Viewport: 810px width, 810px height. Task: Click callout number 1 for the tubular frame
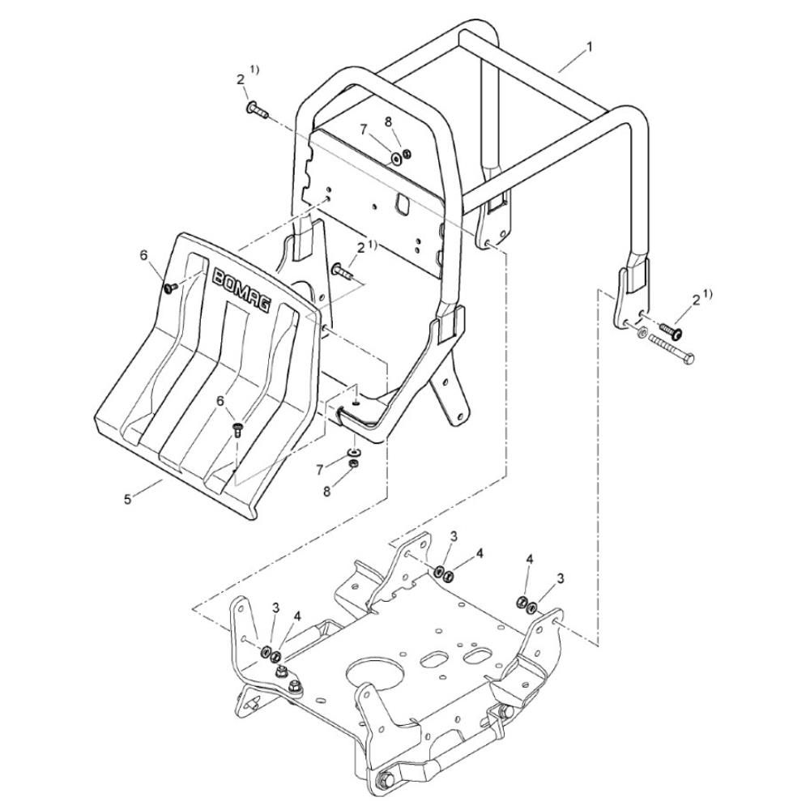click(x=589, y=48)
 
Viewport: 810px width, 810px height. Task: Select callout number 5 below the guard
click(x=128, y=500)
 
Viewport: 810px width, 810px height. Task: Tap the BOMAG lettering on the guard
click(x=241, y=289)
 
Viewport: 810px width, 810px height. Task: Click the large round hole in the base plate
click(x=375, y=676)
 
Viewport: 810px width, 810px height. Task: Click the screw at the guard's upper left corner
click(x=170, y=288)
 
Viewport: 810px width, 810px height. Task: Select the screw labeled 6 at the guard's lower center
click(x=237, y=428)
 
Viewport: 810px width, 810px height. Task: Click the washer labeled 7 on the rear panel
click(x=397, y=159)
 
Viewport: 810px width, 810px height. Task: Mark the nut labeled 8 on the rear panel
click(x=407, y=153)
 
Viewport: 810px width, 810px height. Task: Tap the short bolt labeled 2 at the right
click(x=671, y=330)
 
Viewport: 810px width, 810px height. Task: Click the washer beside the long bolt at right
click(x=642, y=333)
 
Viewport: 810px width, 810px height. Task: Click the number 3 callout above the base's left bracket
click(x=275, y=608)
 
